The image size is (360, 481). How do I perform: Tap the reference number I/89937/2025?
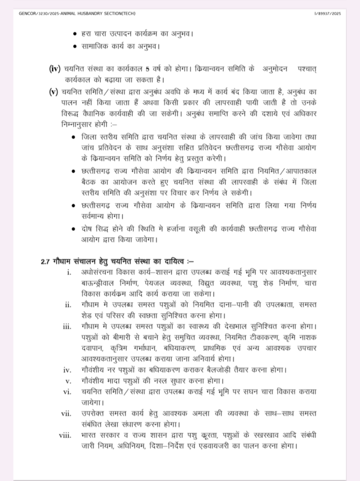click(x=328, y=14)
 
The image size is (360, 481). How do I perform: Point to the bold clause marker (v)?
click(x=53, y=92)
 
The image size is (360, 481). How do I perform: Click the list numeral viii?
click(x=65, y=435)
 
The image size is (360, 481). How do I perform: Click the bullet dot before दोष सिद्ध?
click(x=73, y=229)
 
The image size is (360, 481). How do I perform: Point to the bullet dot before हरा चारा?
click(x=76, y=34)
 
